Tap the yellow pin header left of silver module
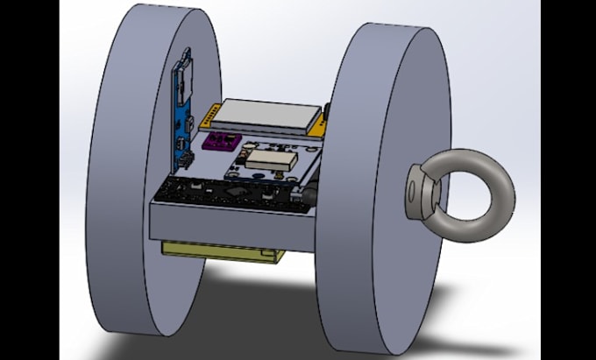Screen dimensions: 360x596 click(208, 114)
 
